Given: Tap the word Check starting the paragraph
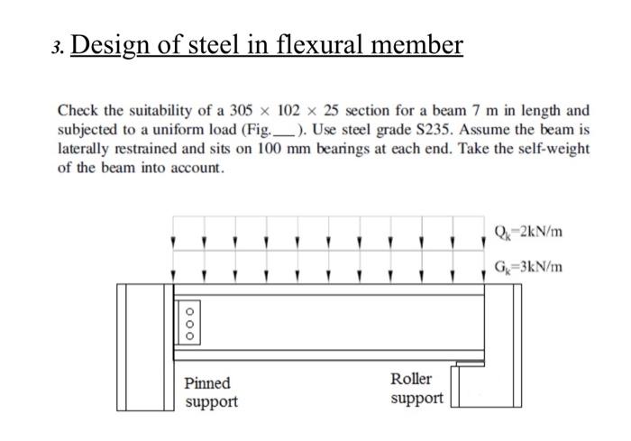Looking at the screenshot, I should (78, 110).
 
